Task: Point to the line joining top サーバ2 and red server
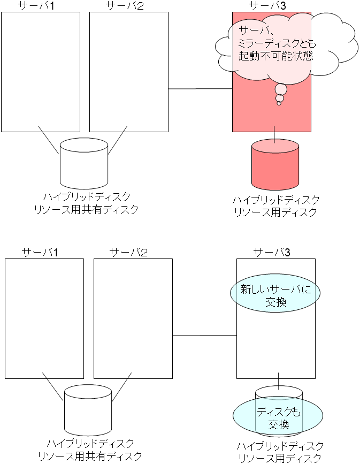tap(201, 88)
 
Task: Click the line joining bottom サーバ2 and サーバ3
tap(204, 336)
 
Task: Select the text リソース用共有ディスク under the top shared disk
tap(86, 209)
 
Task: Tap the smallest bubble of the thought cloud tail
tap(279, 103)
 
